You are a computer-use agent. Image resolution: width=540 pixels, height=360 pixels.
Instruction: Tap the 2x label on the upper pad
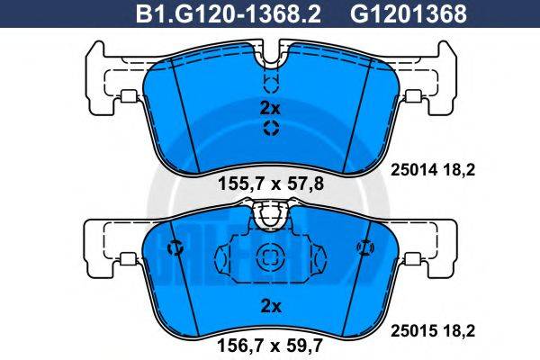tap(270, 106)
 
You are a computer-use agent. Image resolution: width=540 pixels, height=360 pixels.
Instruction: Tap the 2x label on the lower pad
tap(270, 306)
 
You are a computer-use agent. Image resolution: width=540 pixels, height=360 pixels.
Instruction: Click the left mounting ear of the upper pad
tap(108, 81)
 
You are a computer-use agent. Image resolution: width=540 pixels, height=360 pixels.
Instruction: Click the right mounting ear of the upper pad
tap(430, 81)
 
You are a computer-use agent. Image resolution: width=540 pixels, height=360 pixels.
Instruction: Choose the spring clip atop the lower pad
tap(270, 214)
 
